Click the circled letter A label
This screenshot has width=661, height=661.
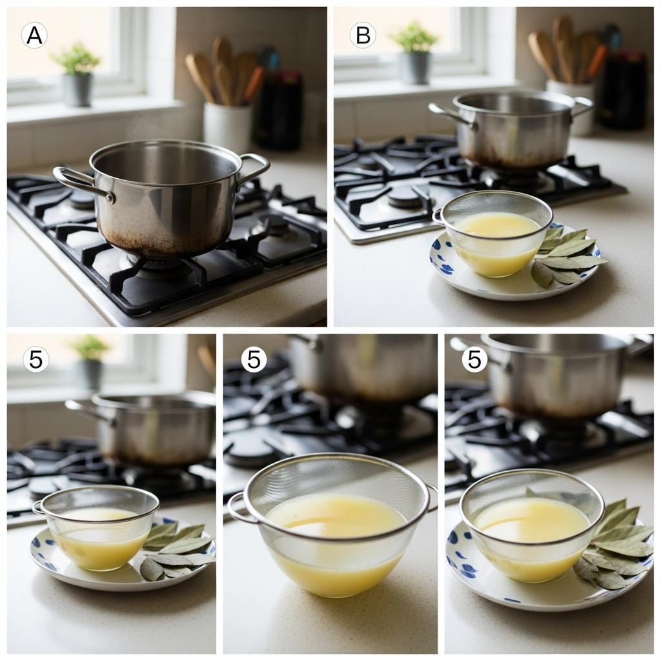click(x=34, y=35)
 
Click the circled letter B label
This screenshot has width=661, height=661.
click(x=363, y=35)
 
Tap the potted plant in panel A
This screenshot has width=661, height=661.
click(x=77, y=74)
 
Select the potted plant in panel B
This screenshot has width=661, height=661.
click(x=414, y=52)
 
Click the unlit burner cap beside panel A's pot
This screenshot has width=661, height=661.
click(x=274, y=224)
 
